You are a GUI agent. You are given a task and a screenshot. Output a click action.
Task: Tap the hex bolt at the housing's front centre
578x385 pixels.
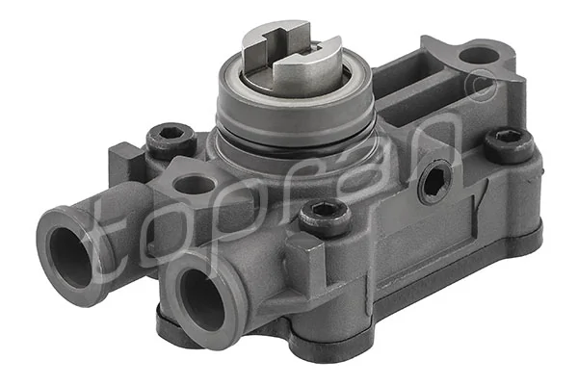325,218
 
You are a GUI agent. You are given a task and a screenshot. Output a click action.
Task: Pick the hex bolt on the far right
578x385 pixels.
508,145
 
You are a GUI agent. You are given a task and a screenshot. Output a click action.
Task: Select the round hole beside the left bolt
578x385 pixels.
196,185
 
